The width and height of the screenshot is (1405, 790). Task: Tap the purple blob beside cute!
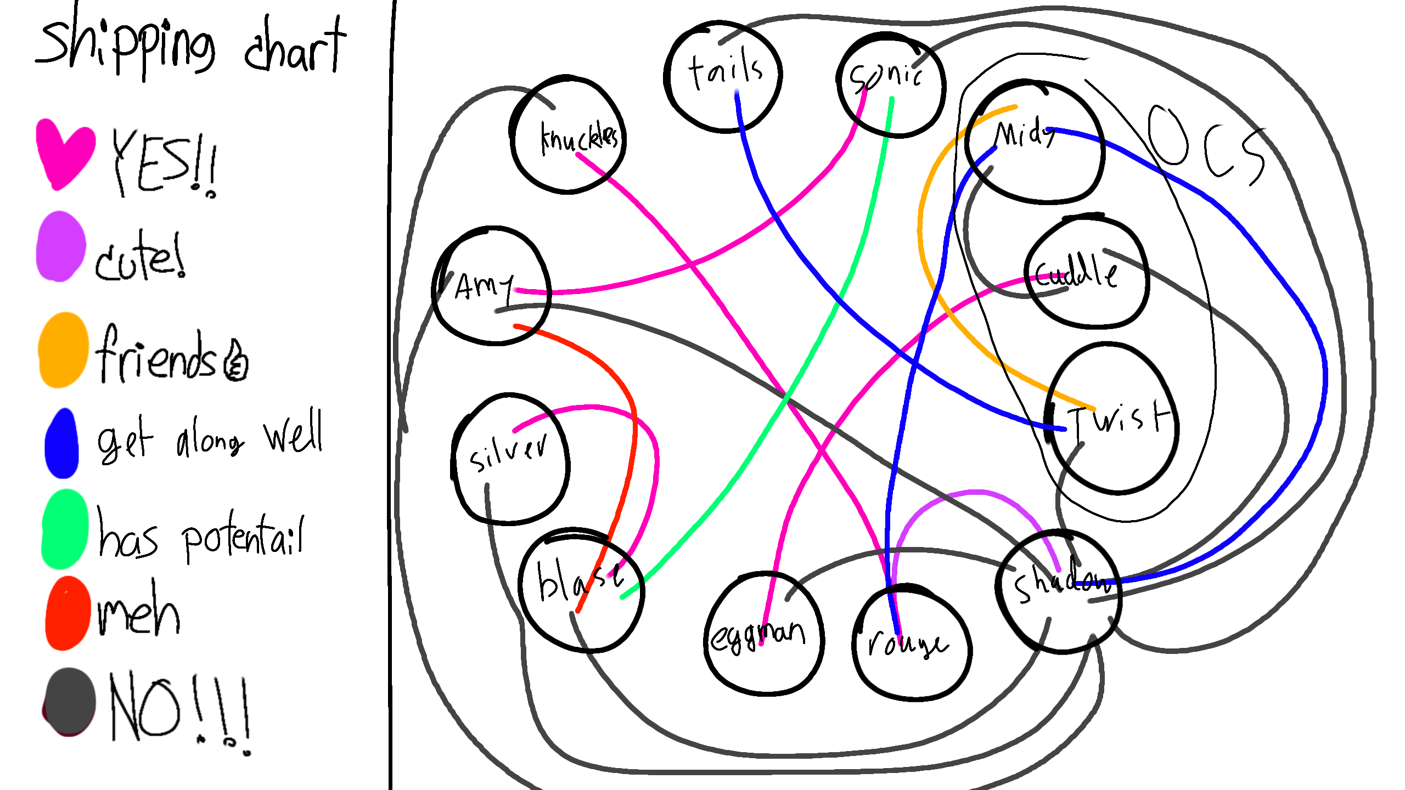pos(60,247)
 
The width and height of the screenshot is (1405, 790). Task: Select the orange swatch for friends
pos(63,350)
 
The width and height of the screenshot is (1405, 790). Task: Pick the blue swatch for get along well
pos(62,443)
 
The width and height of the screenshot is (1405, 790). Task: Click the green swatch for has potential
pos(65,529)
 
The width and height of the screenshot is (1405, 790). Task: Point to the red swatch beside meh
pos(68,613)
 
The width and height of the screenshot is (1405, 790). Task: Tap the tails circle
pos(723,77)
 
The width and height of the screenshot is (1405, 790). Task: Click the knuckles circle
pos(568,135)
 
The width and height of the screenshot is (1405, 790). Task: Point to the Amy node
pos(492,286)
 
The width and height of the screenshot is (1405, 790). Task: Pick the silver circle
pos(510,459)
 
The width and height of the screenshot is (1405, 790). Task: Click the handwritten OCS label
pos(1207,145)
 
